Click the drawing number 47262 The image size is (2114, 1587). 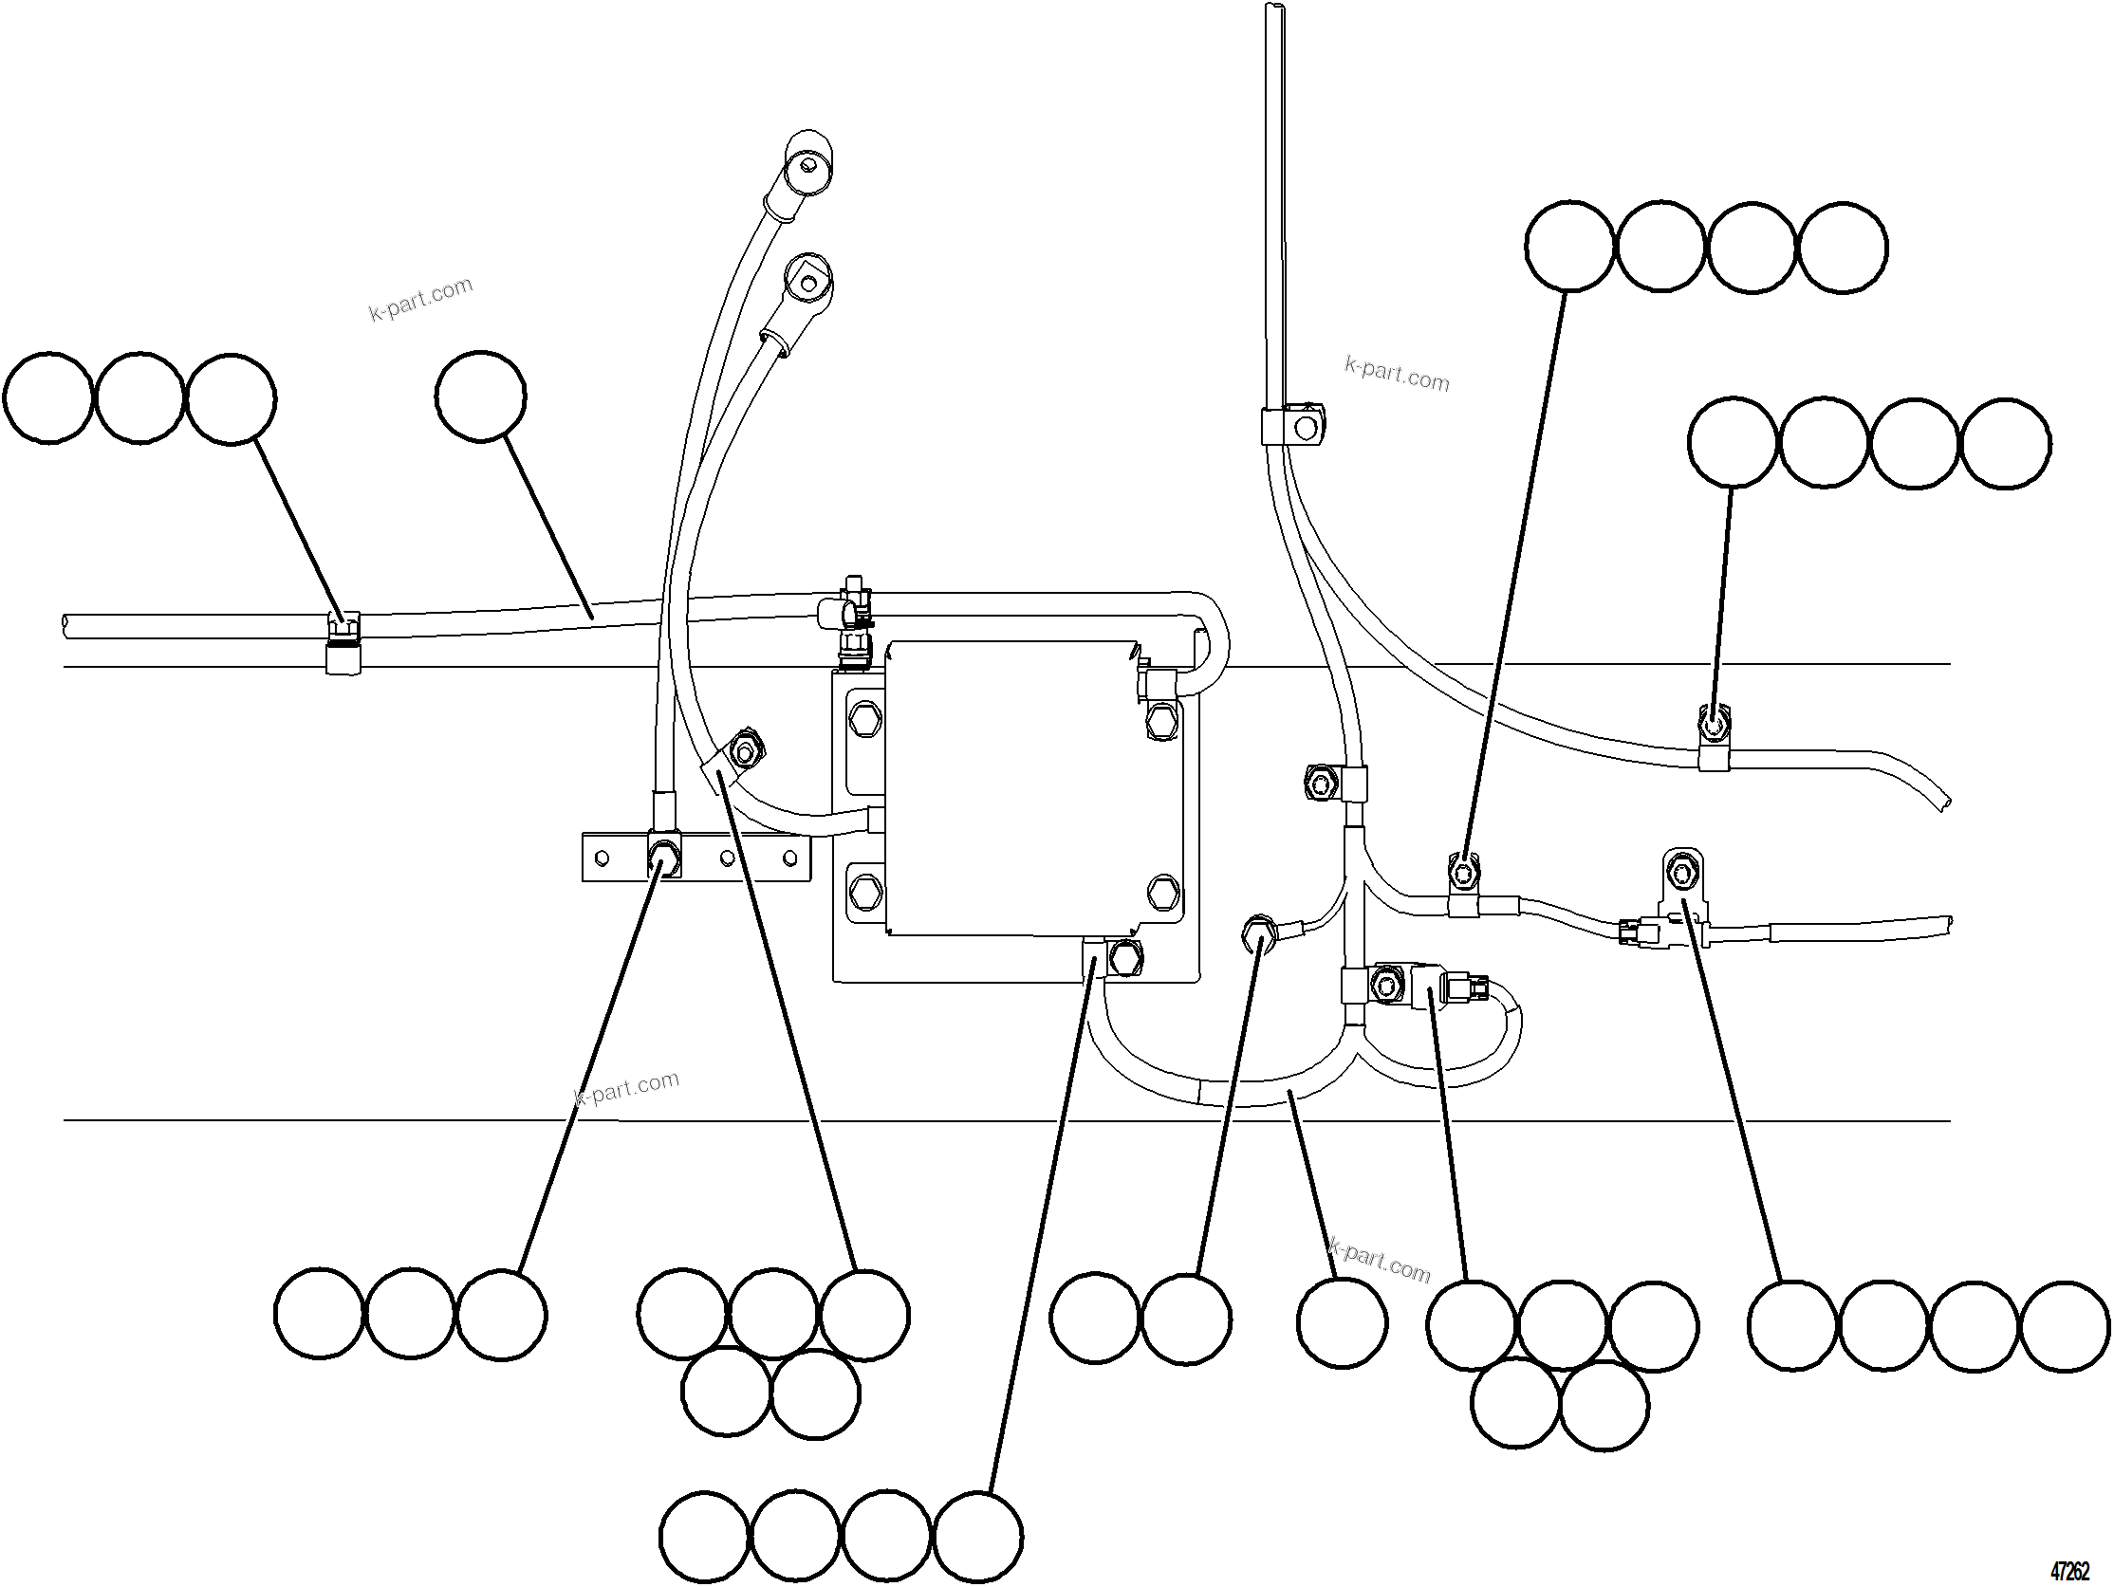2069,1571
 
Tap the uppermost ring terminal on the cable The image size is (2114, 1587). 807,164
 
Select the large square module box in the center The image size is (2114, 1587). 1013,788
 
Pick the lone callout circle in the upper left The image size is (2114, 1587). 480,397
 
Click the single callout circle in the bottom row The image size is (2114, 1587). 1341,1322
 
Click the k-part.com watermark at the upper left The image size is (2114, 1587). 420,299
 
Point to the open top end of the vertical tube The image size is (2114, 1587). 1275,8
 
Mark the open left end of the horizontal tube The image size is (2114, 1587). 65,627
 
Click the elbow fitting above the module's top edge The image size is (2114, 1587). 845,612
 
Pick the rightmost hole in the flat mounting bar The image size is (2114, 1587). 789,857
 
